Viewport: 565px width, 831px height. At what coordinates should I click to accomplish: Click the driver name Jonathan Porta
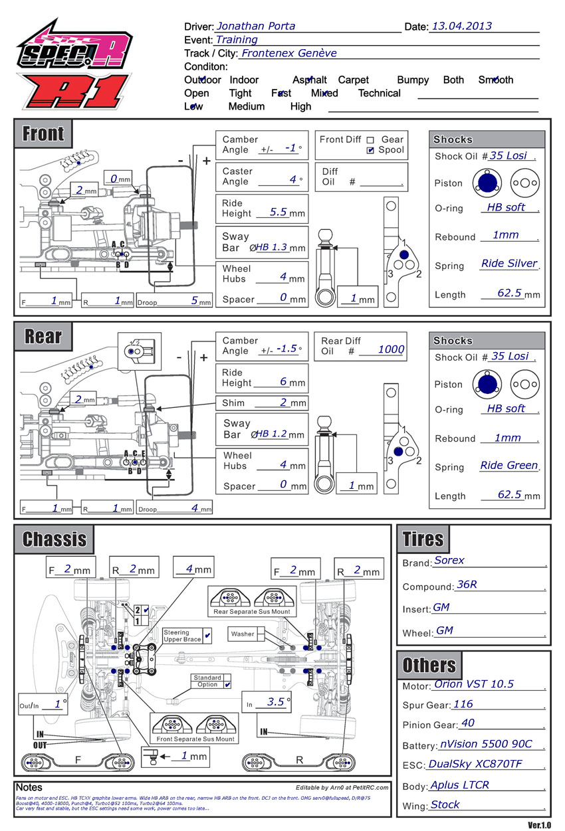coord(256,27)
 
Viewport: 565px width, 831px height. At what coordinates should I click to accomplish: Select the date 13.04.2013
coord(461,27)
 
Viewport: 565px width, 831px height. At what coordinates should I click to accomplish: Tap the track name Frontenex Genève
coord(288,53)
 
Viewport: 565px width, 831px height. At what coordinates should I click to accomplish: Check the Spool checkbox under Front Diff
coord(370,151)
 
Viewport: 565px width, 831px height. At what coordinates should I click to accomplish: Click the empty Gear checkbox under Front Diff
coord(370,140)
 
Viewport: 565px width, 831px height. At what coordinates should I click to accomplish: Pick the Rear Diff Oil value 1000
coord(391,350)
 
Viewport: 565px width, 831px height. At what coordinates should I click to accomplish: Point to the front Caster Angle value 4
coord(292,180)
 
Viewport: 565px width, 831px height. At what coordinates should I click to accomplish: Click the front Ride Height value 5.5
coord(279,213)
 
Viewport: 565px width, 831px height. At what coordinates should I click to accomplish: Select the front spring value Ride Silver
coord(508,264)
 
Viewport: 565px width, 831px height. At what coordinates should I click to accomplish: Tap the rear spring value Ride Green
coord(508,466)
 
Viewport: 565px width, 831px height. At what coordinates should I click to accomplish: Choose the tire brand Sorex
coord(449,561)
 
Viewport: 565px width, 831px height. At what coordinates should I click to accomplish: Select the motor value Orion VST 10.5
coord(473,684)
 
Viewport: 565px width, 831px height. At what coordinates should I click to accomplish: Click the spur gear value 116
coord(463,704)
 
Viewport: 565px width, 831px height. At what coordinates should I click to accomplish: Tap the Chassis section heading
coord(55,539)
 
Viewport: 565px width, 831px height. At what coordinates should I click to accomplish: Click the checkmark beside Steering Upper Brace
coord(207,636)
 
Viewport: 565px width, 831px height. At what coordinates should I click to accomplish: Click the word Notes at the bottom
coord(29,787)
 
